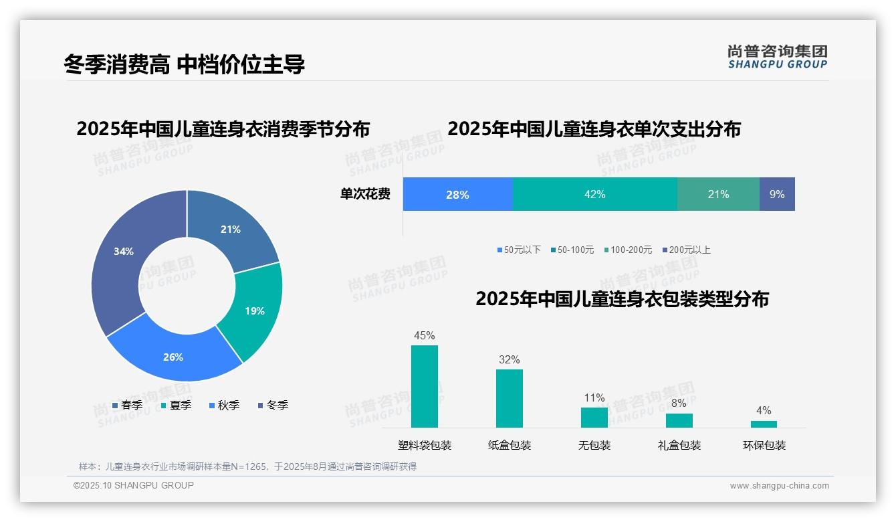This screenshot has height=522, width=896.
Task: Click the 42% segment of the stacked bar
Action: [594, 194]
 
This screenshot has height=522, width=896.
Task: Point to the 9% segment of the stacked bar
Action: [777, 194]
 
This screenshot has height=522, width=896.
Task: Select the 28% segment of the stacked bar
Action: [457, 194]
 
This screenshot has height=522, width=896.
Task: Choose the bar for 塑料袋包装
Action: [425, 386]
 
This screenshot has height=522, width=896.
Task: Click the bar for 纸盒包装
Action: [510, 398]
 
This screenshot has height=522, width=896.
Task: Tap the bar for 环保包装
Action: [764, 424]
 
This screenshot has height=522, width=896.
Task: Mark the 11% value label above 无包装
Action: [594, 398]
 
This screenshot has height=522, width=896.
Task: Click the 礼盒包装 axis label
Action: [679, 445]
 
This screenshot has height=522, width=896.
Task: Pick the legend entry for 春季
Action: [128, 405]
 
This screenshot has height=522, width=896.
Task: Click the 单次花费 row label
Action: [365, 194]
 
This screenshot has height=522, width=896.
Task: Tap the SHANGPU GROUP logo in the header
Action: [778, 56]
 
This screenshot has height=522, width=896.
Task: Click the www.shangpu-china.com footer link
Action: [779, 485]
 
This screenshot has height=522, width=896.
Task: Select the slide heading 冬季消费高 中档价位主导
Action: [185, 64]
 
